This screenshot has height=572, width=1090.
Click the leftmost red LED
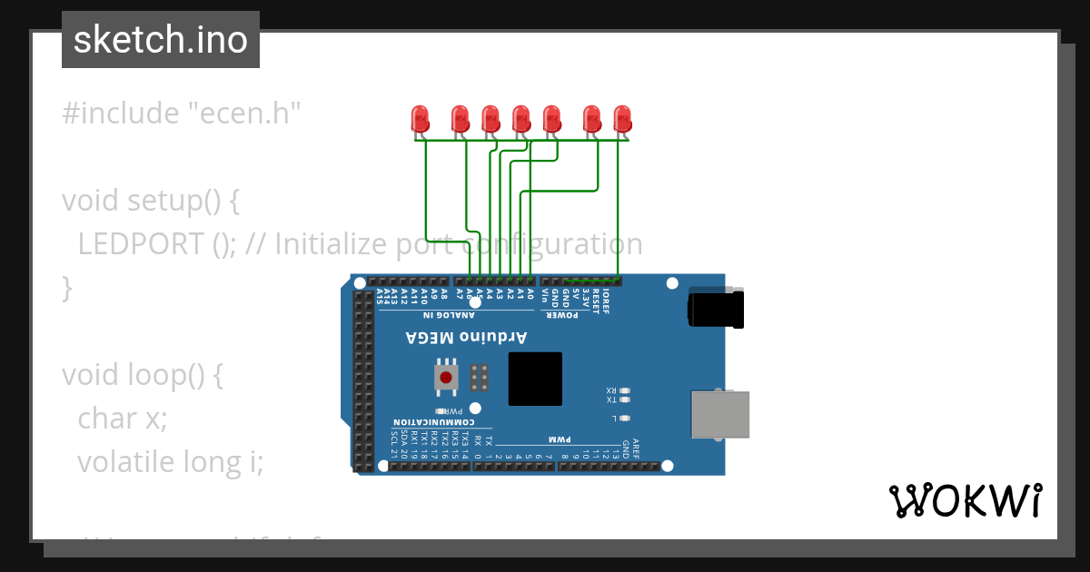pos(420,118)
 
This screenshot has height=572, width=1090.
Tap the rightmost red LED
pos(622,118)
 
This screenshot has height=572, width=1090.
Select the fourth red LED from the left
pos(520,118)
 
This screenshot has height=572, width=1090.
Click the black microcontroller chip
pos(535,379)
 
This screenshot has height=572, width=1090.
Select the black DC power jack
pos(716,307)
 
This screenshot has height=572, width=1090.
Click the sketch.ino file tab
pos(161,40)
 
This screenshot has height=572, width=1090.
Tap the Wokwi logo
pos(965,500)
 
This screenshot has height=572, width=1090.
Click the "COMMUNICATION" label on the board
pos(433,423)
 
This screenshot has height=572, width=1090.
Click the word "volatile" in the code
pos(125,462)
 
